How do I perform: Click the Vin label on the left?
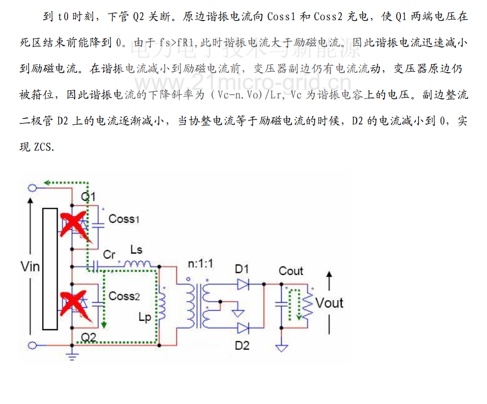30,266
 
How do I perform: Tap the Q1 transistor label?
88,197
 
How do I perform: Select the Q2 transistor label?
88,337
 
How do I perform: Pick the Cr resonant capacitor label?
109,255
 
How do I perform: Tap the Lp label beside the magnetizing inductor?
144,317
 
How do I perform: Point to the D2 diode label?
242,346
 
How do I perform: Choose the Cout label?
291,271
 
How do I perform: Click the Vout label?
330,303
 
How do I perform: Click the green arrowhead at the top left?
46,183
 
